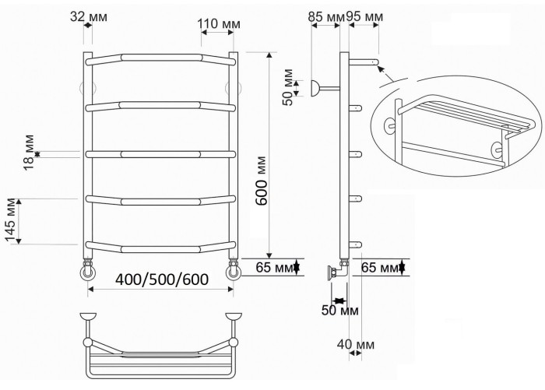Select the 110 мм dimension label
click(x=218, y=23)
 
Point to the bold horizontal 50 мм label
click(x=339, y=311)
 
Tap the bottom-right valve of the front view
click(x=233, y=272)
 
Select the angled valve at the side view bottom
click(x=336, y=272)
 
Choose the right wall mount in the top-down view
click(x=232, y=318)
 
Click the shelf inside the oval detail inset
click(x=467, y=107)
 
